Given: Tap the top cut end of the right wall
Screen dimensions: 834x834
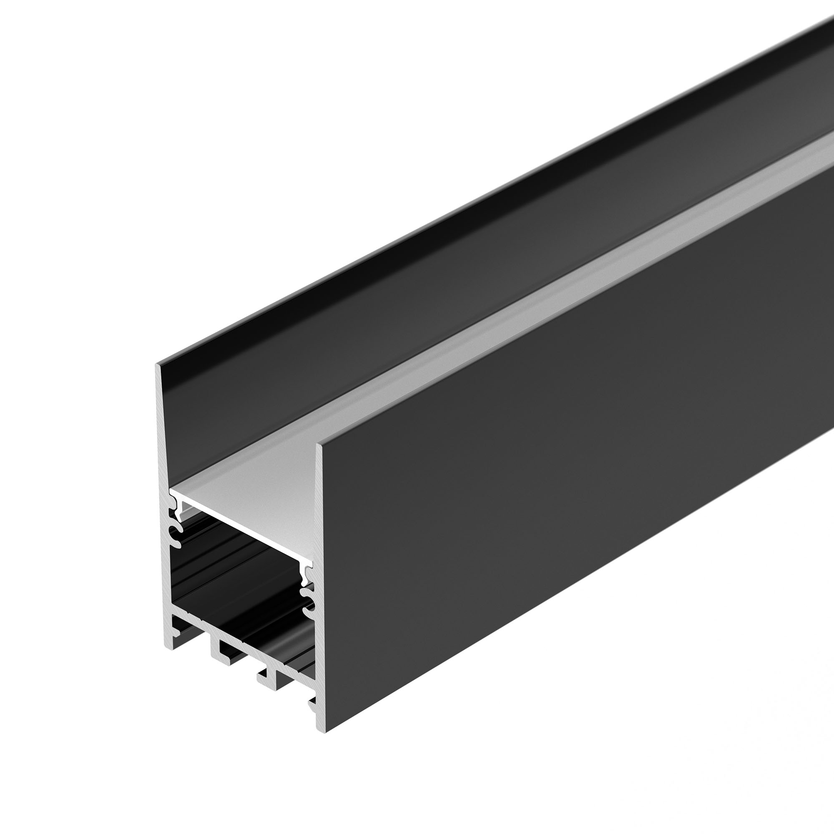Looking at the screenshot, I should coord(320,445).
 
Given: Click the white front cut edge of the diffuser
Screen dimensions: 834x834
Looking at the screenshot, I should coord(242,529).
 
